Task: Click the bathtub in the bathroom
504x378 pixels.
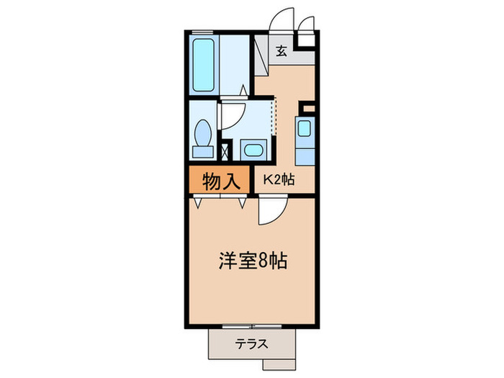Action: (x=206, y=64)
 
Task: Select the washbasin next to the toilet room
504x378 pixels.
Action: (x=253, y=150)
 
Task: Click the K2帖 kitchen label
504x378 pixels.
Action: (x=278, y=181)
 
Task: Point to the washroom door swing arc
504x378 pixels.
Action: (x=232, y=116)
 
